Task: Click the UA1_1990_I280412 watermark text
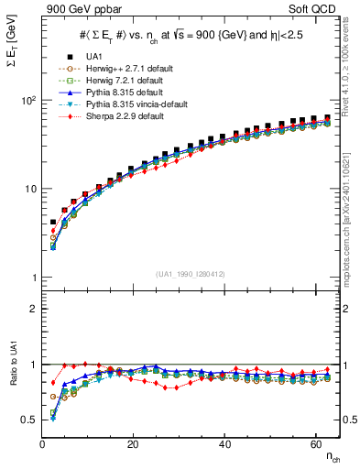pyautogui.click(x=191, y=273)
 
